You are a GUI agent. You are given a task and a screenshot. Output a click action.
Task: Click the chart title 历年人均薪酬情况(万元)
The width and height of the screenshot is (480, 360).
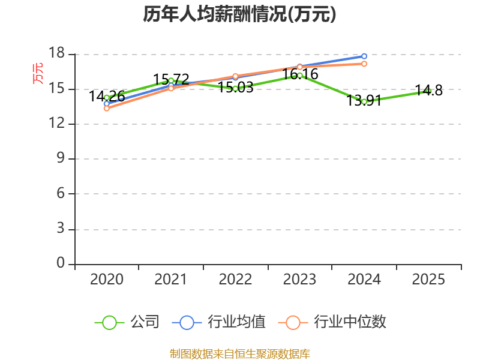[x=239, y=14]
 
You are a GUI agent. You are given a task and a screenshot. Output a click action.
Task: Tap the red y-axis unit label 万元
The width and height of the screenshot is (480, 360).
[x=38, y=73]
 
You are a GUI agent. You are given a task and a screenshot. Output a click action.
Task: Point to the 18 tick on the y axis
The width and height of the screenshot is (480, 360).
[x=56, y=53]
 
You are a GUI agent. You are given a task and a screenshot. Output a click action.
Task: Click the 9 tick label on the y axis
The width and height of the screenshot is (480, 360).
[x=61, y=158]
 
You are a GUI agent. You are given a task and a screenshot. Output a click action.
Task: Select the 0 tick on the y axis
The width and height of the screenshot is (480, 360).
[x=61, y=263]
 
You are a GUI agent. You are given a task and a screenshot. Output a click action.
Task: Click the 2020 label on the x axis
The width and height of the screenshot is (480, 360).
[x=107, y=279]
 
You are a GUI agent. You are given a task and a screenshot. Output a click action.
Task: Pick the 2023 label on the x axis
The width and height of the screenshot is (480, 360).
[x=299, y=279]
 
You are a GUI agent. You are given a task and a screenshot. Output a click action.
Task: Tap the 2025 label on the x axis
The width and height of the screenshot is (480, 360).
[x=428, y=279]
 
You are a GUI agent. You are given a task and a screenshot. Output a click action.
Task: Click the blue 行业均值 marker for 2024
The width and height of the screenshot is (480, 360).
[x=364, y=56]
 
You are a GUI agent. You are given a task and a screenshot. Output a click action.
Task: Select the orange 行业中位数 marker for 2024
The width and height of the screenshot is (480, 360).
[x=364, y=64]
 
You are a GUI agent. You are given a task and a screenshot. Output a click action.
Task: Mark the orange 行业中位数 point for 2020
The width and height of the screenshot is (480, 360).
[x=107, y=109]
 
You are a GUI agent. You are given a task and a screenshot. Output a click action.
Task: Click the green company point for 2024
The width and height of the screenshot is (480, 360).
[x=364, y=102]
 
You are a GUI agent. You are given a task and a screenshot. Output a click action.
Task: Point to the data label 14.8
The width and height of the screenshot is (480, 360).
[x=428, y=91]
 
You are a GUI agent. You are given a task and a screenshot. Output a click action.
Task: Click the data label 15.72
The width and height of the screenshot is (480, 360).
[x=171, y=80]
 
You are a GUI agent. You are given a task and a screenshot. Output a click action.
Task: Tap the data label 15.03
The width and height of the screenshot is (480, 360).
[x=235, y=88]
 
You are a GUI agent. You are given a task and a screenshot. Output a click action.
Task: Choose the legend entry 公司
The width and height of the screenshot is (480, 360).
[x=127, y=322]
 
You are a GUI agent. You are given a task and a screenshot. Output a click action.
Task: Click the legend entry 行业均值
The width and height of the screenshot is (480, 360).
[x=219, y=322]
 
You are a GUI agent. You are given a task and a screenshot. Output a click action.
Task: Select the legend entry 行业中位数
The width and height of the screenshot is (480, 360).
[x=332, y=322]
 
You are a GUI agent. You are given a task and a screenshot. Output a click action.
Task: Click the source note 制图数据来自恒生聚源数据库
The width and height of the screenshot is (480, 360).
[x=240, y=354]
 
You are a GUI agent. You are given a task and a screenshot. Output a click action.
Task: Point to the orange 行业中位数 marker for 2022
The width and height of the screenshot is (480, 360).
[x=235, y=76]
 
